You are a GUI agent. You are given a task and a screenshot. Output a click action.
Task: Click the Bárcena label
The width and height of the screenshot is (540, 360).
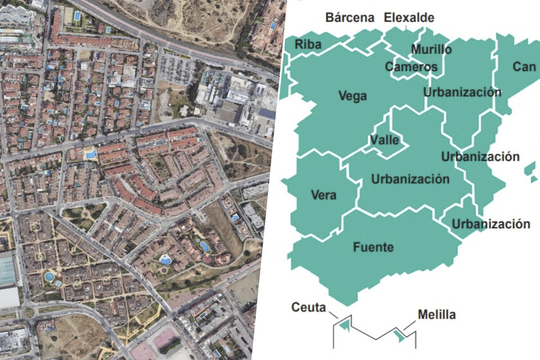(350, 18)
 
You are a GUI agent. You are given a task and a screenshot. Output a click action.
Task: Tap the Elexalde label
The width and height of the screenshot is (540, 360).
(409, 18)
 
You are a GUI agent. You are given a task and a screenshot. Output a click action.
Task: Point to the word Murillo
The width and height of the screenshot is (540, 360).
(431, 50)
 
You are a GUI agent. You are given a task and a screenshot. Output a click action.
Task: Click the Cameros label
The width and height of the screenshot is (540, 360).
(411, 67)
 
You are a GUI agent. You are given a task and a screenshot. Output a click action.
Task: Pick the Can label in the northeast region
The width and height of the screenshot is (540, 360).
(524, 66)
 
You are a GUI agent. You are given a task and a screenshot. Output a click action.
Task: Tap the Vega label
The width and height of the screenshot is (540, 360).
(352, 96)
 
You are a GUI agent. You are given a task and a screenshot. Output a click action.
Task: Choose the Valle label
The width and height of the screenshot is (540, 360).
(384, 140)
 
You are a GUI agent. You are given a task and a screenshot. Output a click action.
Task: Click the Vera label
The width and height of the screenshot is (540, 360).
(323, 195)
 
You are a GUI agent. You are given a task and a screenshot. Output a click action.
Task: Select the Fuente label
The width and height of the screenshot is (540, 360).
(373, 247)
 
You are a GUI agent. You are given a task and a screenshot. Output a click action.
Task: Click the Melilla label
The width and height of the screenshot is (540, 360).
(437, 315)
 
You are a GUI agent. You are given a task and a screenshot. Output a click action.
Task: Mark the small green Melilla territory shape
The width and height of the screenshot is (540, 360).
(401, 334)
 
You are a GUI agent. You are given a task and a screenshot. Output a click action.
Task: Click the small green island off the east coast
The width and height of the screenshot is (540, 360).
(530, 170)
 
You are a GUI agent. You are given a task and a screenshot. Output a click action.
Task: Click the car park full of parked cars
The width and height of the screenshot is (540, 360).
(175, 68)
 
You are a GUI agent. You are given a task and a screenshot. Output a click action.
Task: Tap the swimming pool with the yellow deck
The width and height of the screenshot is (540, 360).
(91, 154)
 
